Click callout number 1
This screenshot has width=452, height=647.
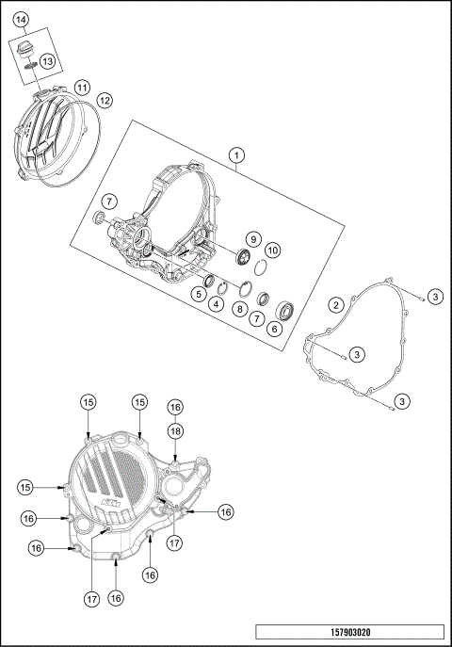pyautogui.click(x=237, y=154)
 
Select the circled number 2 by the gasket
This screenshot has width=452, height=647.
pyautogui.click(x=334, y=304)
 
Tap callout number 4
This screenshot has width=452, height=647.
pyautogui.click(x=217, y=303)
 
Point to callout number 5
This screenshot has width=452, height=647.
pyautogui.click(x=200, y=294)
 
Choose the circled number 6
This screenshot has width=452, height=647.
pyautogui.click(x=275, y=329)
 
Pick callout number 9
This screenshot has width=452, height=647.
pyautogui.click(x=253, y=238)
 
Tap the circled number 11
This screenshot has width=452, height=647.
pyautogui.click(x=83, y=88)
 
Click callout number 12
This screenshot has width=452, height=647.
pyautogui.click(x=105, y=99)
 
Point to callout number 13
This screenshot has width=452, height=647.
pyautogui.click(x=47, y=61)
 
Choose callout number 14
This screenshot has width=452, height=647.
pyautogui.click(x=21, y=20)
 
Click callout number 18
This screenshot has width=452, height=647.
pyautogui.click(x=175, y=429)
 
